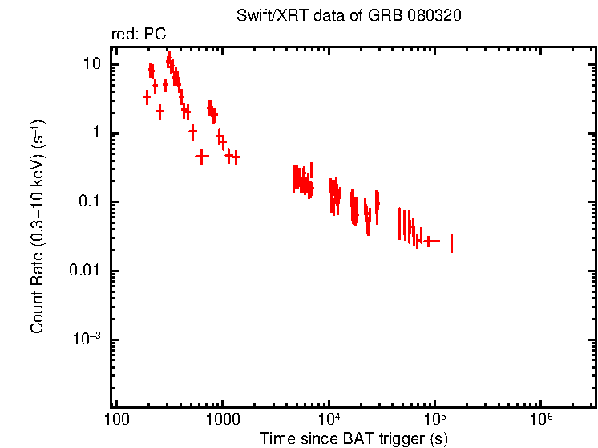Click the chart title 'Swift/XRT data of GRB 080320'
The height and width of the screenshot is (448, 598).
349,16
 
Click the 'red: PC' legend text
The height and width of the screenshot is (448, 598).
137,35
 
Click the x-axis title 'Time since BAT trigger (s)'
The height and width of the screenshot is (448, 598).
354,438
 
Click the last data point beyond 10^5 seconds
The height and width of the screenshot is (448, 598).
452,243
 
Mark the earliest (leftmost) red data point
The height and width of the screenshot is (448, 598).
147,97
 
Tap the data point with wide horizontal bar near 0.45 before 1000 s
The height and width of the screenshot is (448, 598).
202,157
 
